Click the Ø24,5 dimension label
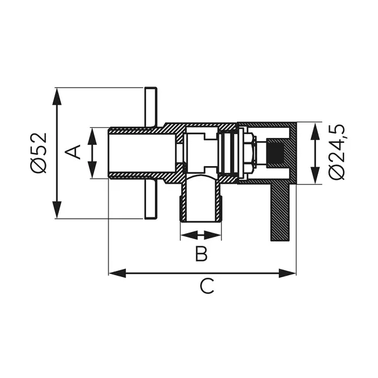(x=338, y=152)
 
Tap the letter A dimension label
(x=74, y=152)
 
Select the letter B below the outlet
(x=201, y=254)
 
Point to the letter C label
(x=207, y=286)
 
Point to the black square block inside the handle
(x=276, y=152)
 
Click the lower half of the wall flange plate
(x=150, y=201)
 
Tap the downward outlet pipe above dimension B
(x=201, y=201)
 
